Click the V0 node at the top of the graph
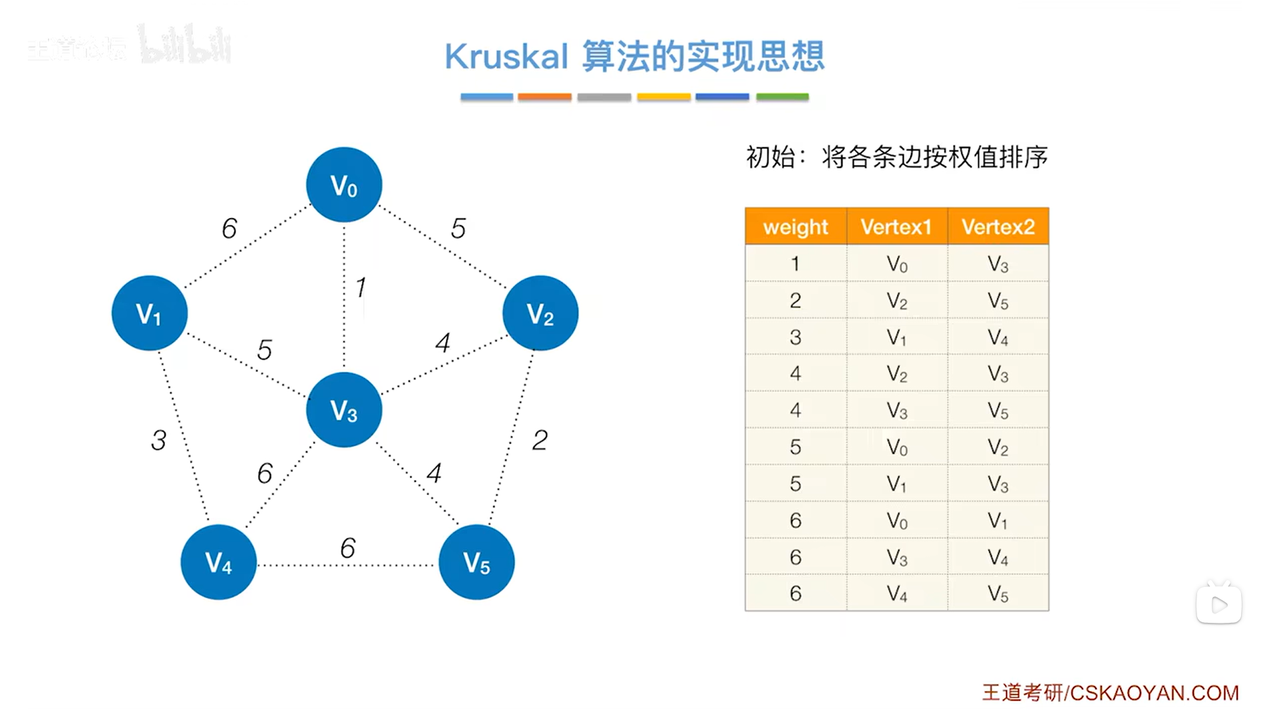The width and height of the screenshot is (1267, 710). point(344,185)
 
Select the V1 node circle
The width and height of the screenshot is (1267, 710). point(149,313)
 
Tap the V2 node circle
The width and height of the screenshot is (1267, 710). point(540,313)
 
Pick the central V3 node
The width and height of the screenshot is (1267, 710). point(344,410)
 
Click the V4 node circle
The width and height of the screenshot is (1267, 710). point(218,562)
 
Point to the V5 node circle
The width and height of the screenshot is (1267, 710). point(476,562)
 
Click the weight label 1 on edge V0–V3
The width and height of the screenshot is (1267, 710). point(361,287)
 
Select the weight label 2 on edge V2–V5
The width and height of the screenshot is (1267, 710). point(540,440)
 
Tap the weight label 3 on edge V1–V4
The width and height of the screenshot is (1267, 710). point(158,440)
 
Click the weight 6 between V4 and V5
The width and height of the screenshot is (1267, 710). point(347,548)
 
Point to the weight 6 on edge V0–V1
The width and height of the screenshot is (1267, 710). point(229,228)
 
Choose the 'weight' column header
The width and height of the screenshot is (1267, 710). point(795,227)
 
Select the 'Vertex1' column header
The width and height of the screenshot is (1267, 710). point(896,227)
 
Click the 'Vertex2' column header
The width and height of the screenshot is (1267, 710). point(997,227)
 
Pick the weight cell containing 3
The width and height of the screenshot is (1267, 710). point(795,337)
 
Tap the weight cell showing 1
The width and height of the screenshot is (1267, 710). point(795,264)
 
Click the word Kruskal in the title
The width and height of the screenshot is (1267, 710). point(506,57)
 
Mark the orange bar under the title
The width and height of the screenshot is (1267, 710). point(544,97)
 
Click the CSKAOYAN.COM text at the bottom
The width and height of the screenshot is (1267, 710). point(1154,693)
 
